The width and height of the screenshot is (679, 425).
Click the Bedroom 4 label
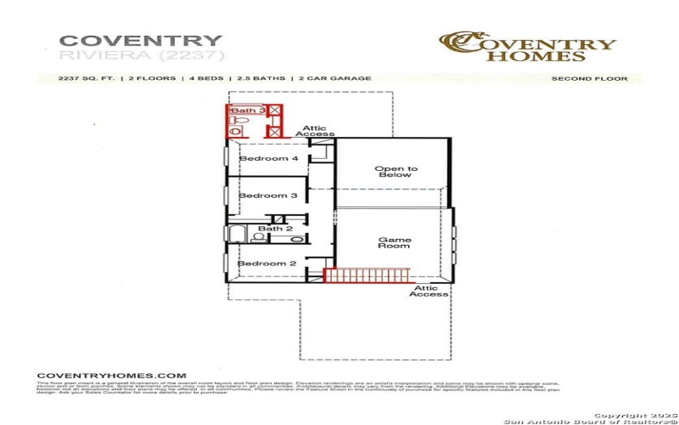click(x=268, y=159)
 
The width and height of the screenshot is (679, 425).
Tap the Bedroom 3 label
click(x=267, y=195)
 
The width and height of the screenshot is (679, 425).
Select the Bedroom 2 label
click(x=267, y=263)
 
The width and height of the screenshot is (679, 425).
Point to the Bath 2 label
click(x=275, y=229)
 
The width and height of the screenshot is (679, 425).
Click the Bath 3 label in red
click(x=247, y=110)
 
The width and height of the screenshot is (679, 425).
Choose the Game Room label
click(x=394, y=242)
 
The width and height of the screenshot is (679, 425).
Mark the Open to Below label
click(x=396, y=172)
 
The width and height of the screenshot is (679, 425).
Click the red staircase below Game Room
click(x=368, y=276)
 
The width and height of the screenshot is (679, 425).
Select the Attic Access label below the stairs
click(x=429, y=292)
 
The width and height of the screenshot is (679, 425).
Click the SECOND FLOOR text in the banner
click(x=589, y=79)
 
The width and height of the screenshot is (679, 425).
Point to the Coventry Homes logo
click(x=527, y=47)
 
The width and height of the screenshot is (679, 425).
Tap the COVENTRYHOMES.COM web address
click(x=110, y=375)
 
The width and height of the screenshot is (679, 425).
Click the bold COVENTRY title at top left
click(x=141, y=40)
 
